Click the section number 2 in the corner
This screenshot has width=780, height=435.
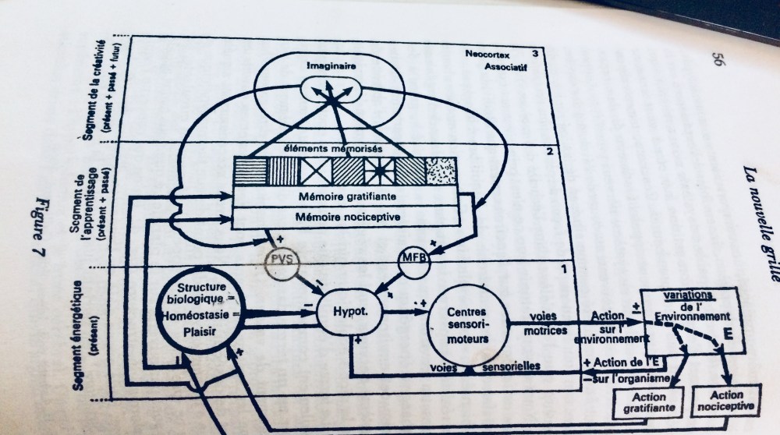coord(548,151)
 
